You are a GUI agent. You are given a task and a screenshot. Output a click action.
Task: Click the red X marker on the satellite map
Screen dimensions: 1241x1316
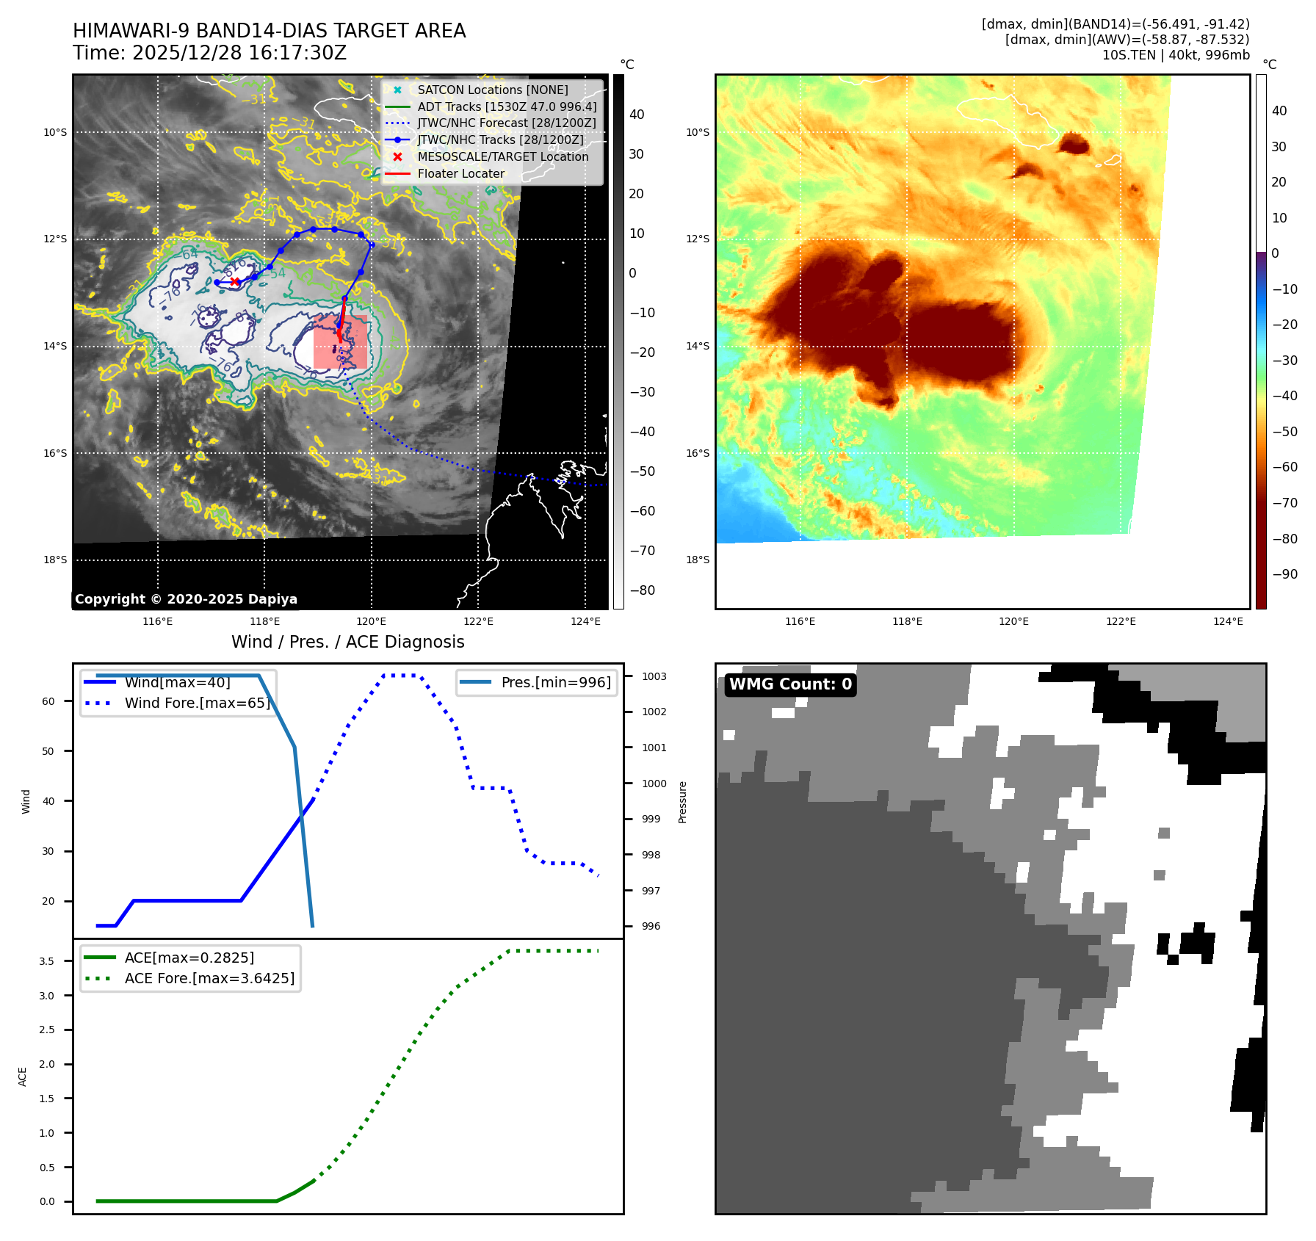click(x=234, y=281)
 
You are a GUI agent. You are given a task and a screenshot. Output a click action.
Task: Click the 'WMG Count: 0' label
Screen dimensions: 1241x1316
click(x=790, y=684)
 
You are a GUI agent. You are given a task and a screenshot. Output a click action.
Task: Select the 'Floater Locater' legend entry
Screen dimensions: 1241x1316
click(x=460, y=174)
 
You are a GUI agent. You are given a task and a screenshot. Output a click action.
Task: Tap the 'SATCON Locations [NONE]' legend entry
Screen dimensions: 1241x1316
click(x=492, y=90)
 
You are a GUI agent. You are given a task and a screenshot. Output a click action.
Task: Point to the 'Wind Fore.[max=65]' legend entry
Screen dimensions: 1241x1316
click(x=197, y=703)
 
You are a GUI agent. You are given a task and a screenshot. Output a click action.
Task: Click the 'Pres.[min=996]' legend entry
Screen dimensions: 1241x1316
click(x=555, y=682)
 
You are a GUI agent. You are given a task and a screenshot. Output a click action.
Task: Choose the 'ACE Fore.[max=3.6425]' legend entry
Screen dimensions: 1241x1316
click(x=209, y=978)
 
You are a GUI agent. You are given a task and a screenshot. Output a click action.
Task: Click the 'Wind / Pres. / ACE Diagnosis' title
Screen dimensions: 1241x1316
click(x=347, y=642)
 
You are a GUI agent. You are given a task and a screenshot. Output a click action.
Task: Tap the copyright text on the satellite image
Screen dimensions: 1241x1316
click(x=186, y=599)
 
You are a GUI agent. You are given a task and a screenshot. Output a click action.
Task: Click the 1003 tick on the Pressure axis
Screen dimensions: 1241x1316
click(x=654, y=676)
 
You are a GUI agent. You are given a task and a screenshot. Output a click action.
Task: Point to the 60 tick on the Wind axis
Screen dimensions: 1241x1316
click(x=48, y=701)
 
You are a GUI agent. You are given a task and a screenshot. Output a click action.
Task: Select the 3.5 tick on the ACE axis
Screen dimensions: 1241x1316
click(x=46, y=961)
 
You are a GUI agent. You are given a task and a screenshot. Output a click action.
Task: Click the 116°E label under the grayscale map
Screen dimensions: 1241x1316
click(x=158, y=621)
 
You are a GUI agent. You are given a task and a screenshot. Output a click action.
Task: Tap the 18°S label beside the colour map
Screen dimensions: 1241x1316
click(x=698, y=560)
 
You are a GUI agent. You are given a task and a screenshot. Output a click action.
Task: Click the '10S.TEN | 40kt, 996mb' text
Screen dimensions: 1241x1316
click(x=1175, y=55)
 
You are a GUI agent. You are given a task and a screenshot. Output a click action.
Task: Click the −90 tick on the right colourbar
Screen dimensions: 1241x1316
click(x=1284, y=574)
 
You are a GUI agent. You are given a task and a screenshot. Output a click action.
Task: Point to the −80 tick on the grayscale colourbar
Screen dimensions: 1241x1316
click(x=642, y=590)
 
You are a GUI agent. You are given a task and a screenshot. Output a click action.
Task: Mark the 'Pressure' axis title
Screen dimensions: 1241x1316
click(x=682, y=802)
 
